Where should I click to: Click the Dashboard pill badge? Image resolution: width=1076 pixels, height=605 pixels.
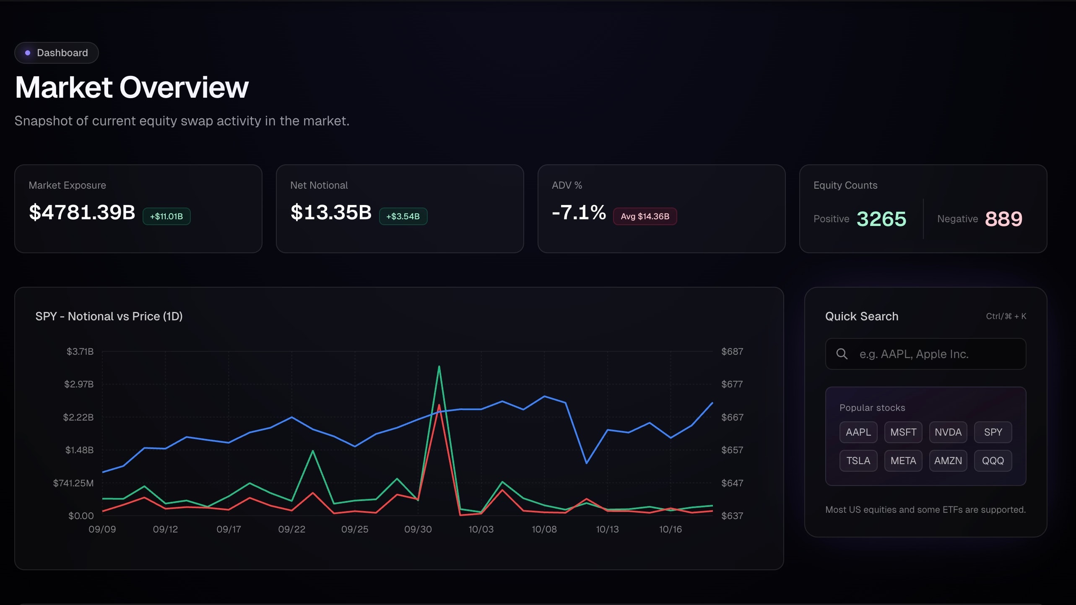57,53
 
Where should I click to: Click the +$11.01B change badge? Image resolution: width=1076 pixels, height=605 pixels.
166,216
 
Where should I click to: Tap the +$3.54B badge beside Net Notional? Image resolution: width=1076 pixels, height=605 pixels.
403,216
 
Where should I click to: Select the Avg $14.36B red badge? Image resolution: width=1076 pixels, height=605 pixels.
645,216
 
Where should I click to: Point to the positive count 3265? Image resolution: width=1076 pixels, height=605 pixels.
881,219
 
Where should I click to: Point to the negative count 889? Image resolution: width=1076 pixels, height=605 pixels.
1003,219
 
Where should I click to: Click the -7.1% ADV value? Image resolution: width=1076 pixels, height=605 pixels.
579,212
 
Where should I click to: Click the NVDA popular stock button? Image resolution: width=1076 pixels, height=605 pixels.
948,432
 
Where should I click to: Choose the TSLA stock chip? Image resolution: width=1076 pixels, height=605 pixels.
858,461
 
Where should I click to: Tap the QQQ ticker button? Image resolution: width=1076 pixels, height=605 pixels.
993,461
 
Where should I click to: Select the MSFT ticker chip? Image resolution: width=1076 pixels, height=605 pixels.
903,432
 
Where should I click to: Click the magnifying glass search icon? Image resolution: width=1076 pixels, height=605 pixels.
842,354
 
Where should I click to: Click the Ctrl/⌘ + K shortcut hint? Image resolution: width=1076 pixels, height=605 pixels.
1006,316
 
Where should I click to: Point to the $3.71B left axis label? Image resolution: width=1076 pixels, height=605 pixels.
80,351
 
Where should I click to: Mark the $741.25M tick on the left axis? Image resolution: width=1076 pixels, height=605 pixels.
73,483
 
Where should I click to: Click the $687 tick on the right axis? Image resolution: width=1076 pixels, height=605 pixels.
732,351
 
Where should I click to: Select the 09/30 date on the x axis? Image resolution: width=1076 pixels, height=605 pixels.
418,529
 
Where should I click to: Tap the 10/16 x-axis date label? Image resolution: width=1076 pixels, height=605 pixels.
670,529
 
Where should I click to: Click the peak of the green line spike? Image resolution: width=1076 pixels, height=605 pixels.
439,367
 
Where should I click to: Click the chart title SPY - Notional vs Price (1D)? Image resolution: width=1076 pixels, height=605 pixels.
109,316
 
